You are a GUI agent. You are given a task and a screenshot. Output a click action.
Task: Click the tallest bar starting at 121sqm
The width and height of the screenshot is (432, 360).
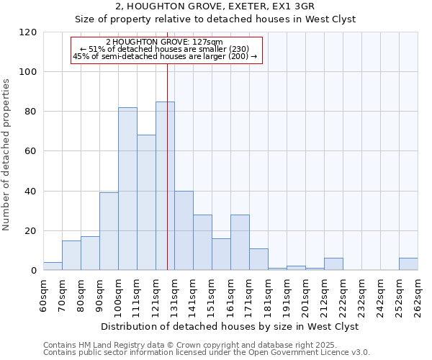pos(165,186)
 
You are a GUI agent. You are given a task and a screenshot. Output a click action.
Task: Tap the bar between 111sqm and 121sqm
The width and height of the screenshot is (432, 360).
pos(146,202)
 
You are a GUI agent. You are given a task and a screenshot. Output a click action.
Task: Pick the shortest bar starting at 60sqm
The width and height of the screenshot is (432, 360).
pos(53,266)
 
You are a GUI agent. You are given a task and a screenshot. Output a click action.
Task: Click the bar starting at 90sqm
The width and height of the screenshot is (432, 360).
pos(109,231)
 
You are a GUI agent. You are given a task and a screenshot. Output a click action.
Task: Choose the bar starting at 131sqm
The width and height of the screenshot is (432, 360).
pos(184,230)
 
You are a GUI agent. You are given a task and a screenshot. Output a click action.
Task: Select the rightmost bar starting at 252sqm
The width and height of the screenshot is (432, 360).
pos(408,264)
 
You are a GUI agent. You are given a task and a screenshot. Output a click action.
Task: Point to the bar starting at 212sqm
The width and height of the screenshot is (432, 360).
pos(333,264)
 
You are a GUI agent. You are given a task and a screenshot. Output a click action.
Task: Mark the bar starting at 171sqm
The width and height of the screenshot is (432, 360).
pos(258,259)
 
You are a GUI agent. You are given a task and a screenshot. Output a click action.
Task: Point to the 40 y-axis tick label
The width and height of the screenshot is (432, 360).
pos(30,192)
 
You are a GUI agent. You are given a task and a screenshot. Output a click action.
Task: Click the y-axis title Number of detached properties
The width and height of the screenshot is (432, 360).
pos(7,154)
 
